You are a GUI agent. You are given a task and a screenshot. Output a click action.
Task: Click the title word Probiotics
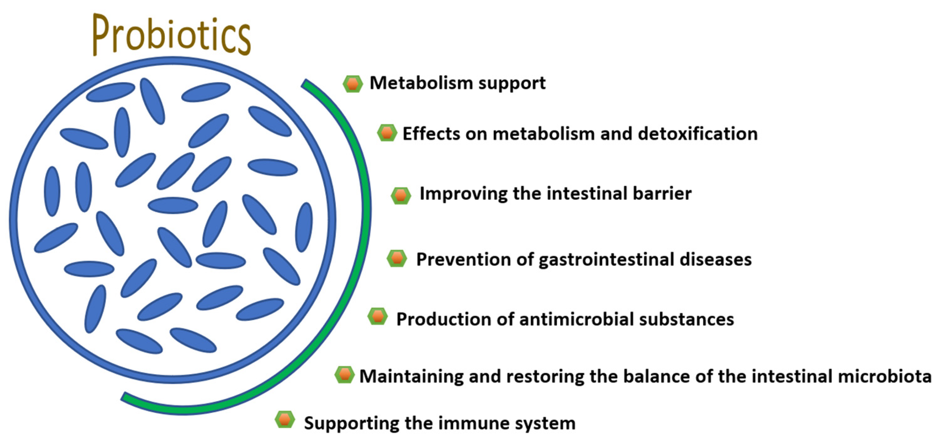[x=171, y=35]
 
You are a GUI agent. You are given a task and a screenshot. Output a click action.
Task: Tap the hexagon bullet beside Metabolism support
[x=353, y=84]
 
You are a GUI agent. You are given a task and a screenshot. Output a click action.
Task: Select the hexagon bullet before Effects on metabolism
[x=387, y=133]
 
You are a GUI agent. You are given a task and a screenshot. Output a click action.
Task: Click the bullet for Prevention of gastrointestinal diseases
[x=397, y=259]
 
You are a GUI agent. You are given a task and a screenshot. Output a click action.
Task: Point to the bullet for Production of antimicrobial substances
[x=378, y=316]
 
